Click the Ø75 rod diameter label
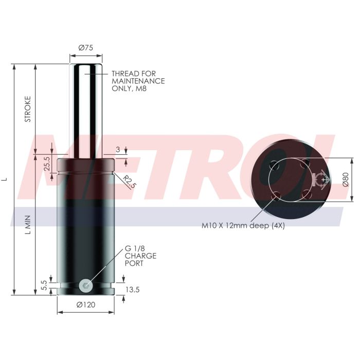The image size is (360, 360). [x=86, y=48]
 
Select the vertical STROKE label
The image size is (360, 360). [x=28, y=109]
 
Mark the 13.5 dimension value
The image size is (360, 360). [x=133, y=290]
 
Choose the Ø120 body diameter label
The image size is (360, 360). [x=86, y=304]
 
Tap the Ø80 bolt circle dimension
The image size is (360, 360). [x=345, y=179]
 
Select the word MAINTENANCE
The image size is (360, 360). [x=138, y=81]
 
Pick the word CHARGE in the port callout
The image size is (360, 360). [x=140, y=256]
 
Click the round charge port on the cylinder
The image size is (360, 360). [x=86, y=284]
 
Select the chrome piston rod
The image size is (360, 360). [x=86, y=108]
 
